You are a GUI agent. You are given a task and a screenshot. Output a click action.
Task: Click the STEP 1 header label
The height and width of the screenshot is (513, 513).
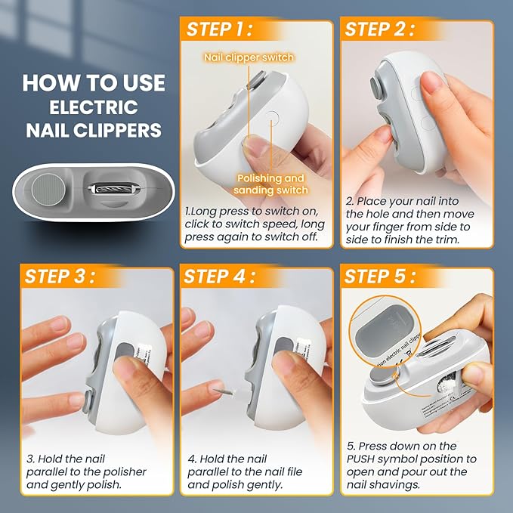click(220, 29)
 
